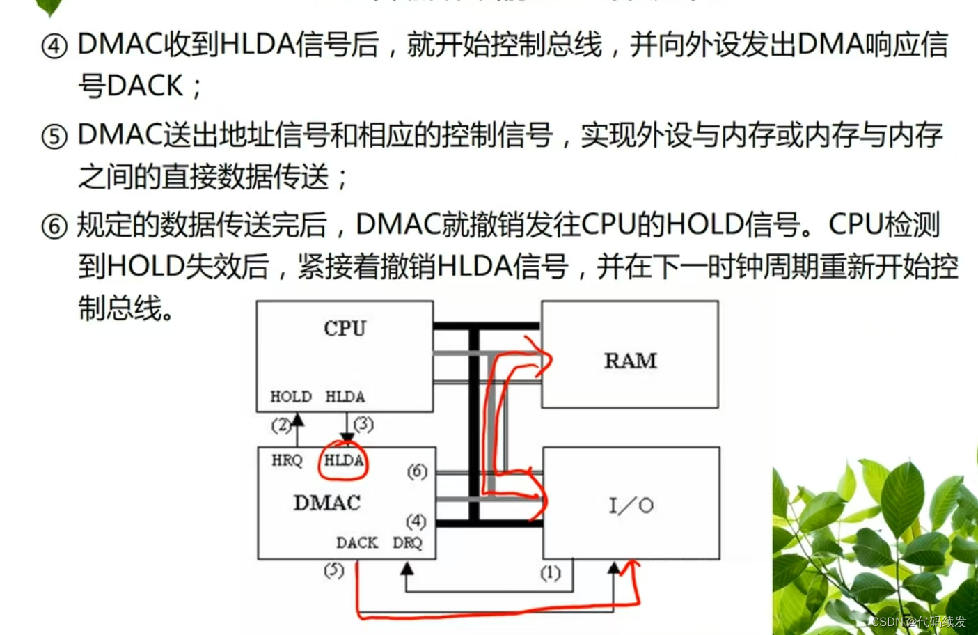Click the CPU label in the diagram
coord(345,328)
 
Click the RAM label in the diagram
coord(630,361)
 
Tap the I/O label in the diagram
coord(631,505)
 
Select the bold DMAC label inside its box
coord(326,503)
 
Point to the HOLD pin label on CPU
coord(290,396)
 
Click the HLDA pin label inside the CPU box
coord(345,396)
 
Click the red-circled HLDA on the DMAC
coord(343,460)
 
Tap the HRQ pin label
coord(287,460)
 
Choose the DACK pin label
coord(356,542)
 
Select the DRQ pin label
coord(407,542)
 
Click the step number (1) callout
coord(550,573)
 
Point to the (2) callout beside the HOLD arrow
coord(281,425)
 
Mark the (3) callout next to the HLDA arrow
coord(363,424)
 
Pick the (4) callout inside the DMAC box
coord(416,521)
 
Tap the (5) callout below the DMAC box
coord(333,570)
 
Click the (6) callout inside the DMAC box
coord(416,471)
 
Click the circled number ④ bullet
coord(54,47)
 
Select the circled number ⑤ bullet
coord(54,137)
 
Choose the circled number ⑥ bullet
coord(54,227)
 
